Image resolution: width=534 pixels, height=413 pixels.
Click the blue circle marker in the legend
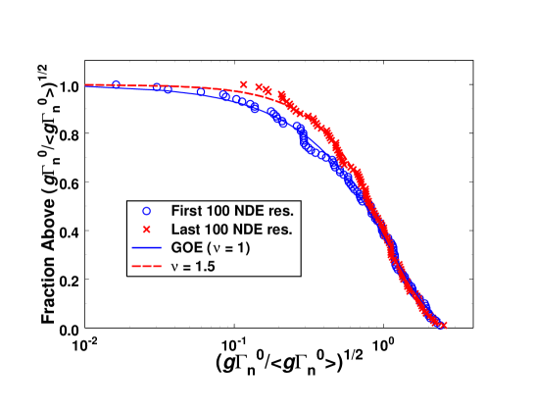146,211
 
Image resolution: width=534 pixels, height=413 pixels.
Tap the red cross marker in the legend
146,230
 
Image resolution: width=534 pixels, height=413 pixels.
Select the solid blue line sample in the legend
146,248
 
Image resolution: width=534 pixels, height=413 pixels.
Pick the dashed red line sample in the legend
146,267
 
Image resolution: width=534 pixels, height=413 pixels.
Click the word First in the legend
187,211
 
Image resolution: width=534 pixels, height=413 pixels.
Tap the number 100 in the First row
221,211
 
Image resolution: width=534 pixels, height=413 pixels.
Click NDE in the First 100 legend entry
254,211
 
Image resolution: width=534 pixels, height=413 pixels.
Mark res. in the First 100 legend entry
284,211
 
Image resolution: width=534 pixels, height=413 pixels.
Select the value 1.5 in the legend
206,267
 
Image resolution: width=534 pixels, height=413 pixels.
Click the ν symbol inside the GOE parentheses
216,249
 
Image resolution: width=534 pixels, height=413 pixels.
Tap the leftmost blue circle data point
117,84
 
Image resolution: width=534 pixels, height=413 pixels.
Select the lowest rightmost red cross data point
444,325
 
